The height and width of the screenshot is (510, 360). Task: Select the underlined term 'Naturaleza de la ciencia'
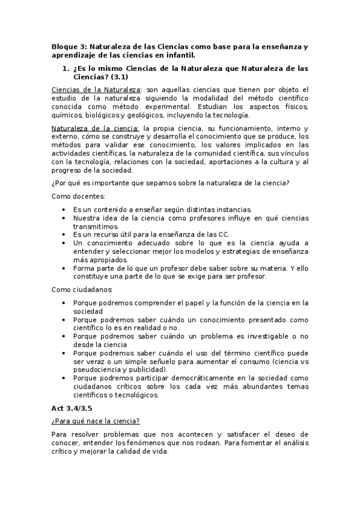[95, 129]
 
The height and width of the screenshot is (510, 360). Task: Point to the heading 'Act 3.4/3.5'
[72, 408]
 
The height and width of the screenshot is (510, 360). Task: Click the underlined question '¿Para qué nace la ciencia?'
[96, 421]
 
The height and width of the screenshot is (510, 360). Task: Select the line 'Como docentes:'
[78, 196]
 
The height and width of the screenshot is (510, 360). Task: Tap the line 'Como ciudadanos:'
[82, 289]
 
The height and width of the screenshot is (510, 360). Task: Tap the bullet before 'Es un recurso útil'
[65, 234]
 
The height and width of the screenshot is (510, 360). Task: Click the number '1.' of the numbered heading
[67, 69]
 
